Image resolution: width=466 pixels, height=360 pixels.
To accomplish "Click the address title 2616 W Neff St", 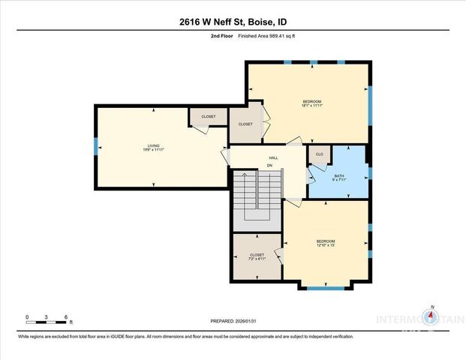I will click(x=232, y=22).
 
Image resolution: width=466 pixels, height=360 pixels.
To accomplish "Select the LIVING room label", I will click(x=154, y=145).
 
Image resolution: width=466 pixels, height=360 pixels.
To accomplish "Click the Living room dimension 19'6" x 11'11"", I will click(x=154, y=150).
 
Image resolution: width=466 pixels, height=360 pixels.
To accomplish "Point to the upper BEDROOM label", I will click(x=311, y=101).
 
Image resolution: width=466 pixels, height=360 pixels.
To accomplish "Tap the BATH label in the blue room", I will click(x=339, y=175).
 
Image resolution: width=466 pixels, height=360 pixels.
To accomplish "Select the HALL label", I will click(x=274, y=157).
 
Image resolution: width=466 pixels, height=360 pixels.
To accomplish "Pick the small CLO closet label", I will click(x=319, y=154).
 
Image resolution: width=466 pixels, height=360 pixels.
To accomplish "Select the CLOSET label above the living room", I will click(x=208, y=116).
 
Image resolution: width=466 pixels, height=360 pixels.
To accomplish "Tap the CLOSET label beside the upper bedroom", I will click(x=245, y=124).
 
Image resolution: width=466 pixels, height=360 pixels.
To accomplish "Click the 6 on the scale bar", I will click(x=66, y=317).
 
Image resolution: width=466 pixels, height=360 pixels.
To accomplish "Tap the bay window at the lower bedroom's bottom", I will click(x=326, y=286).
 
